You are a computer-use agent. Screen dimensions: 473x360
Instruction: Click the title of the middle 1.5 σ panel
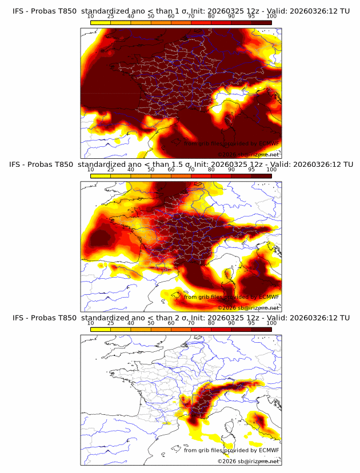pos(181,164)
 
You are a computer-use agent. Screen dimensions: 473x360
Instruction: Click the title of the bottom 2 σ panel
pos(181,317)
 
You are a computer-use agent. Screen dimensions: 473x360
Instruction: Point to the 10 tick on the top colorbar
pos(90,17)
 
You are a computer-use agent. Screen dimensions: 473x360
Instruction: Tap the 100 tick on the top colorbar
pos(271,17)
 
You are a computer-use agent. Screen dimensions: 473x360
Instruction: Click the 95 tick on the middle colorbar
pos(251,170)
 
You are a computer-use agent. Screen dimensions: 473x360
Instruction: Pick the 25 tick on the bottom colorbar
pos(110,323)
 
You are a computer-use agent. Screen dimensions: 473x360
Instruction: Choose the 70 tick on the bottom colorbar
pos(191,323)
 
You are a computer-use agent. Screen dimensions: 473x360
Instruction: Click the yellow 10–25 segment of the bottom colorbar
pos(100,329)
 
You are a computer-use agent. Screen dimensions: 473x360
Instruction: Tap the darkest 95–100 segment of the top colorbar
pos(261,23)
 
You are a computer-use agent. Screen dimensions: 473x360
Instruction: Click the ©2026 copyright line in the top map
pos(249,155)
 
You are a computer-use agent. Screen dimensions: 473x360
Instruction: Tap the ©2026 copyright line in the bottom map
pos(249,461)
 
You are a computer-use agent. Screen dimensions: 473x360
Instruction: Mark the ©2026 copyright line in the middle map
pos(249,308)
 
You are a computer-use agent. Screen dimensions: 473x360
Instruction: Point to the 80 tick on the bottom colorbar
pos(211,323)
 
